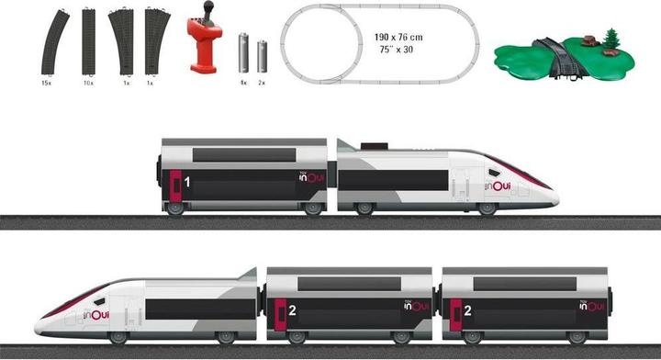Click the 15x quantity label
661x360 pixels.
(x=46, y=83)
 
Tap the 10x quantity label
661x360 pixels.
(x=88, y=83)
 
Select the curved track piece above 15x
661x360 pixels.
(x=53, y=41)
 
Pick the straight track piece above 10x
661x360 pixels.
(x=88, y=41)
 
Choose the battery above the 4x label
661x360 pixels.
(x=244, y=53)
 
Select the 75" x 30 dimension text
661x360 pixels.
(x=398, y=51)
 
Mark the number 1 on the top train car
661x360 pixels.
(x=186, y=183)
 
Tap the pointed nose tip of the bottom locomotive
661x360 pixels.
(x=39, y=326)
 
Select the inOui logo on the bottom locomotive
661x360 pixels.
(x=96, y=315)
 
